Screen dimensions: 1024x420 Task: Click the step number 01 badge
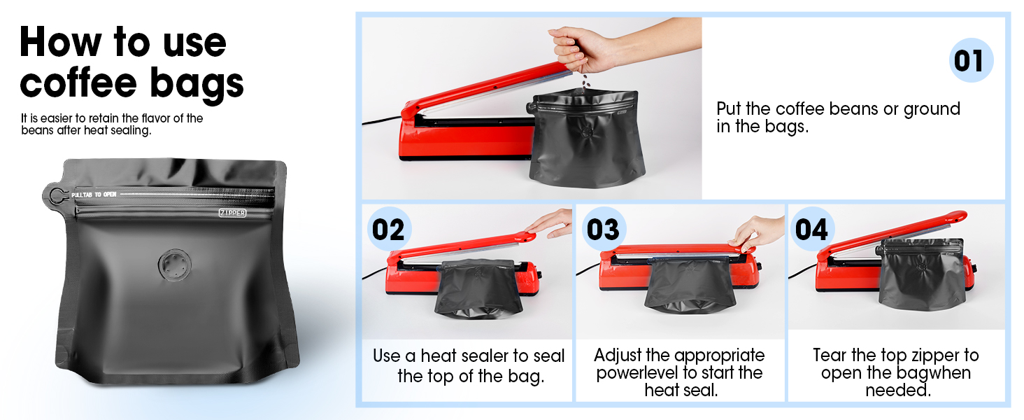(971, 60)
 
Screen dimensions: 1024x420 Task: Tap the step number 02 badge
(389, 229)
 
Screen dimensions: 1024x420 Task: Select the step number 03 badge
(603, 229)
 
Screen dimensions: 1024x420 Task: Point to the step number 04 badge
(812, 229)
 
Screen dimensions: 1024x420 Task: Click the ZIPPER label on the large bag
(232, 213)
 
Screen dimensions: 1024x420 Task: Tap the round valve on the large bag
(175, 265)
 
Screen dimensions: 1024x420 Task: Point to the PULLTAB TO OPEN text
(94, 195)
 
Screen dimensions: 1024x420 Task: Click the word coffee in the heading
(78, 83)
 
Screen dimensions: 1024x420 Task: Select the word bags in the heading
(197, 85)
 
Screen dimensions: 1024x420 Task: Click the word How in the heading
(60, 41)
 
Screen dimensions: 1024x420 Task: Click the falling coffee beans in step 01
(585, 84)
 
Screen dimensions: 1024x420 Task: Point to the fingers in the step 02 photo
(548, 224)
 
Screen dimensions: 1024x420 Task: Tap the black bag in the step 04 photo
(920, 274)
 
